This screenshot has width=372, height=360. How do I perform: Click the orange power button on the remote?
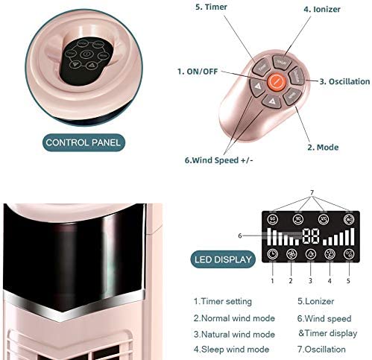277,80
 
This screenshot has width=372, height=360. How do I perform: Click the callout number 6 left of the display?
239,235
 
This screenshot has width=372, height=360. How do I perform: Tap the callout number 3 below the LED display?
290,281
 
